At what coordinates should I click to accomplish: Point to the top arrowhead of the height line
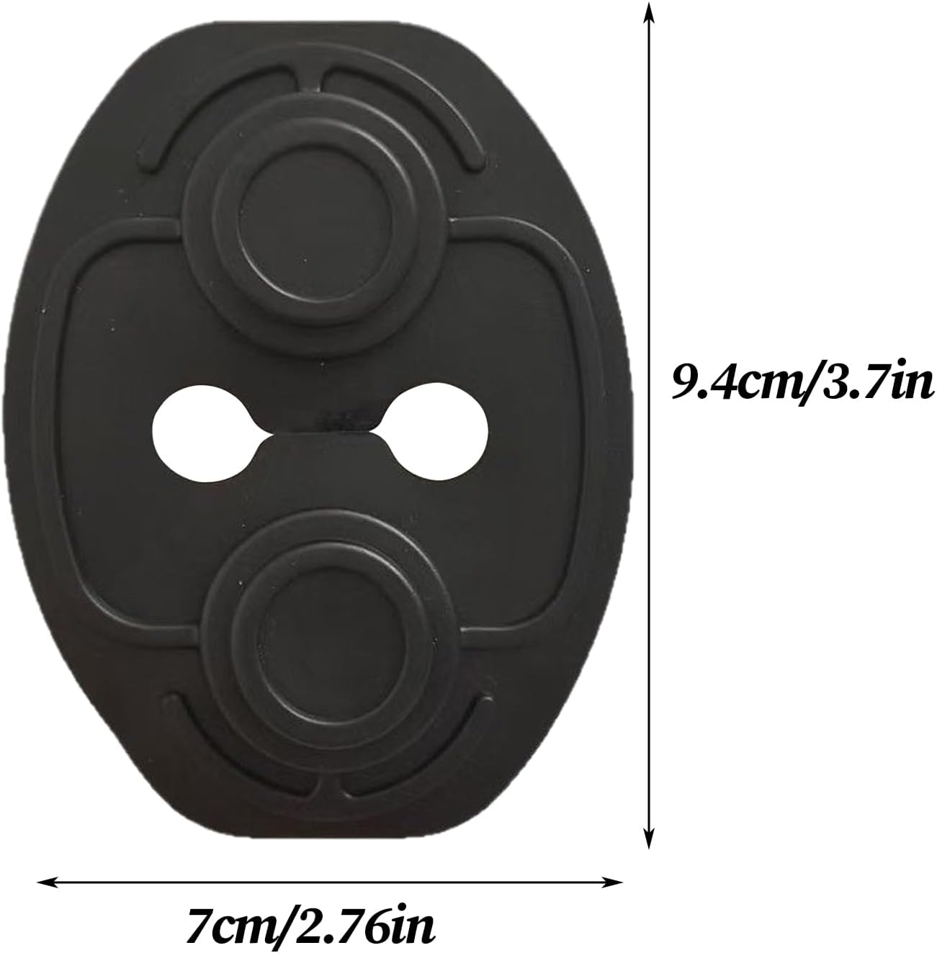pyautogui.click(x=649, y=12)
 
